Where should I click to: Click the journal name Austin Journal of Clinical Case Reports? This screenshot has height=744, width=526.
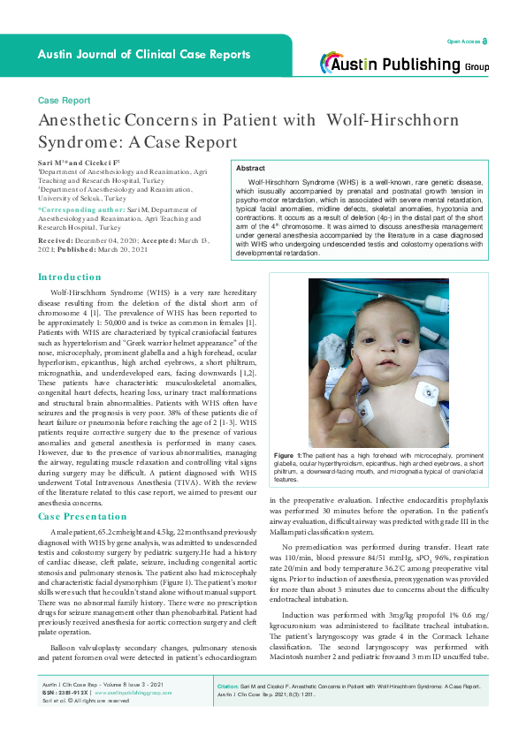tap(144, 55)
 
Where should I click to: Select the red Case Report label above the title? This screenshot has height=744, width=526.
tap(64, 102)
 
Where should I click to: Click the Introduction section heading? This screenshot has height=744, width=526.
tap(70, 277)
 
